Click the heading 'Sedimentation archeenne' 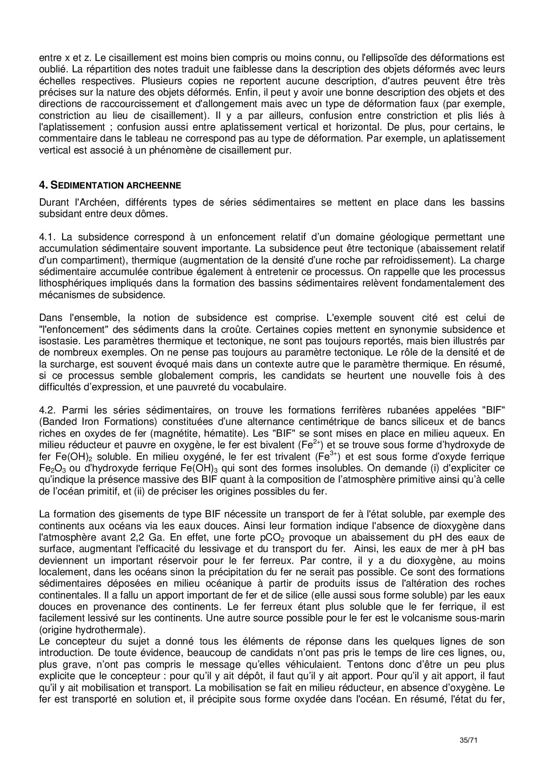tap(110, 185)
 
